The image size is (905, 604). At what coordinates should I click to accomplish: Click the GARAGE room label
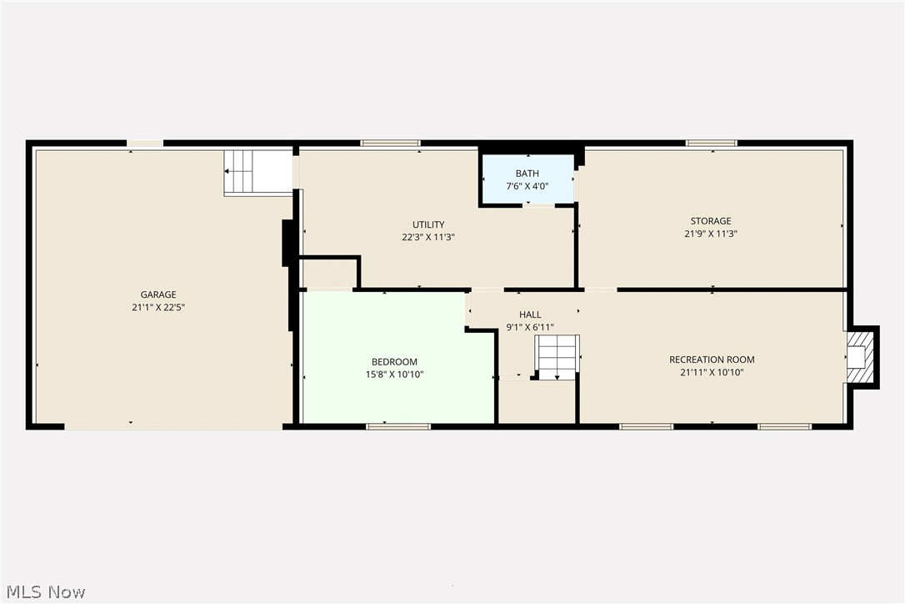coord(158,294)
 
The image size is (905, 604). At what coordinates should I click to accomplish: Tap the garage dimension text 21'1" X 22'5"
coord(158,307)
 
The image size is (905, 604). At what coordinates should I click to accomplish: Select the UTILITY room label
coord(428,224)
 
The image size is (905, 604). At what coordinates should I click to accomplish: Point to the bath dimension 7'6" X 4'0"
coord(527,186)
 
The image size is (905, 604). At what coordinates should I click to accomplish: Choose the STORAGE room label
coord(710,221)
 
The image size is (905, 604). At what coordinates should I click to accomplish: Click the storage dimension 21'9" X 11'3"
coord(710,234)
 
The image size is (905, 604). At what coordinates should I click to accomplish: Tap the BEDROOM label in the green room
coord(394,361)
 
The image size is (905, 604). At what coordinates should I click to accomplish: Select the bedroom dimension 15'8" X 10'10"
coord(394,375)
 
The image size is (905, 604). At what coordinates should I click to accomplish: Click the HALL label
coord(530,315)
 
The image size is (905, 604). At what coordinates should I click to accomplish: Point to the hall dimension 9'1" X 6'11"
coord(530,327)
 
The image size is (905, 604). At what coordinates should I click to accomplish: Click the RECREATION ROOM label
coord(712,360)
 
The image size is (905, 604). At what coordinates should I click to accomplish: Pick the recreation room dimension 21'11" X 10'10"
coord(712,373)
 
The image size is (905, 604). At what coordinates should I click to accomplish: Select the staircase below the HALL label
coord(557,356)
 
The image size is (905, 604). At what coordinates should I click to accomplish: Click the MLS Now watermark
coord(43,592)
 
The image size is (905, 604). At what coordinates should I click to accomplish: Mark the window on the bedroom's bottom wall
coord(398,426)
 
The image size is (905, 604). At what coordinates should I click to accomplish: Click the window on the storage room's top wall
coord(711,143)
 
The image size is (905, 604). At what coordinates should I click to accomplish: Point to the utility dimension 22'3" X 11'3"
coord(428,237)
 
